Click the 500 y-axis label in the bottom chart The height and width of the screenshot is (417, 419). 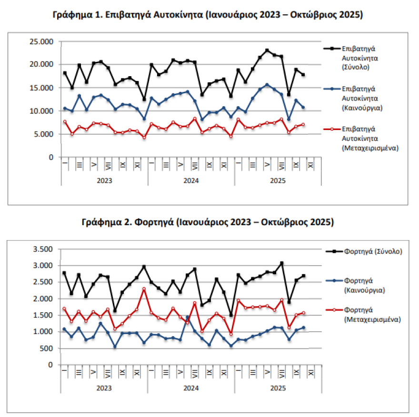[x=46, y=348]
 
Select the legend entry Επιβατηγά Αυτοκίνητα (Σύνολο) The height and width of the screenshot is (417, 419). [x=360, y=58]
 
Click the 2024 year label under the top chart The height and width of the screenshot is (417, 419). [x=191, y=181]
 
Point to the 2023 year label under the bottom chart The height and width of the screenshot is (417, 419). [x=104, y=388]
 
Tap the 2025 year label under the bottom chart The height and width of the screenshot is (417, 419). [x=278, y=388]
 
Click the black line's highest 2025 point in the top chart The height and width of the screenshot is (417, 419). [x=267, y=50]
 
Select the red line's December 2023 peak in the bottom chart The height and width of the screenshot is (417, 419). [x=144, y=289]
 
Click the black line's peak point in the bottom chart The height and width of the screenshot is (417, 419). [x=282, y=263]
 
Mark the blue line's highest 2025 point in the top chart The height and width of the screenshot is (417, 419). [x=267, y=85]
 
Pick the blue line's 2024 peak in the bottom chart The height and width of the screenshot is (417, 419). [x=187, y=317]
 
